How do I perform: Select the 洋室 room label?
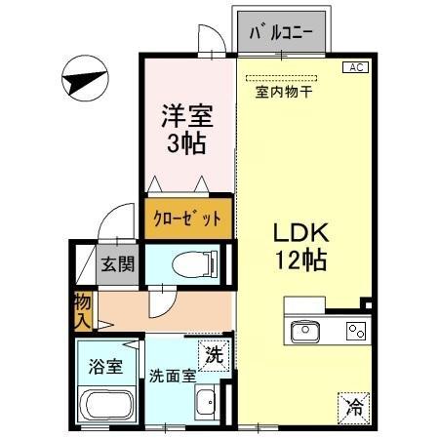(x=187, y=116)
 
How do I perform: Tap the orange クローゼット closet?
(x=189, y=219)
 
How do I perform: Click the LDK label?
(x=299, y=234)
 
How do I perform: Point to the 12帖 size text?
(x=299, y=261)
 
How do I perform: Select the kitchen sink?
(x=305, y=331)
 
